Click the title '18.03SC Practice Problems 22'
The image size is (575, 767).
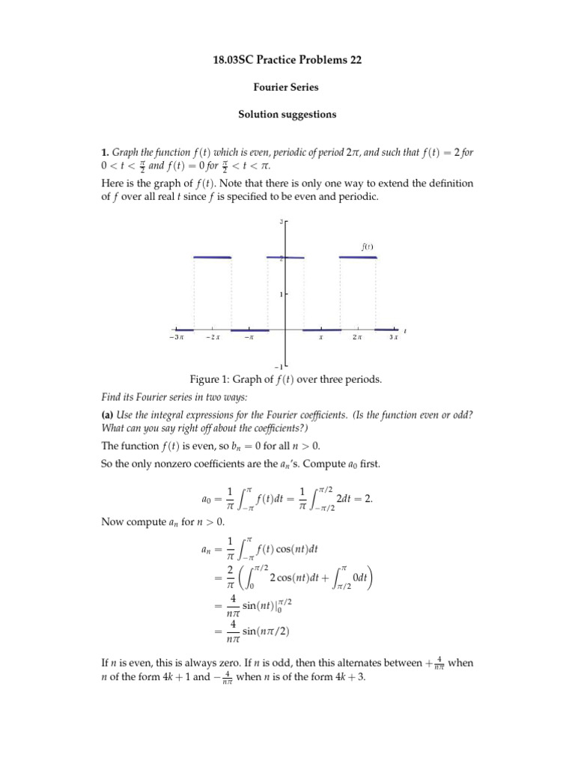pyautogui.click(x=287, y=59)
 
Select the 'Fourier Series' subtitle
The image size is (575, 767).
pyautogui.click(x=287, y=87)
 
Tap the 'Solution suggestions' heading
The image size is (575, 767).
pyautogui.click(x=287, y=115)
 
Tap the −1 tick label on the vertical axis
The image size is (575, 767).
pyautogui.click(x=278, y=366)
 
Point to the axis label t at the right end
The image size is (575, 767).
pyautogui.click(x=405, y=330)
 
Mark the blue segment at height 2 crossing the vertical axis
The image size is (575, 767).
pyautogui.click(x=285, y=258)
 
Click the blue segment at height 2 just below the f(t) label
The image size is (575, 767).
pyautogui.click(x=358, y=258)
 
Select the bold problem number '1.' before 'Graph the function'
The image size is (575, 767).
pyautogui.click(x=105, y=152)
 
